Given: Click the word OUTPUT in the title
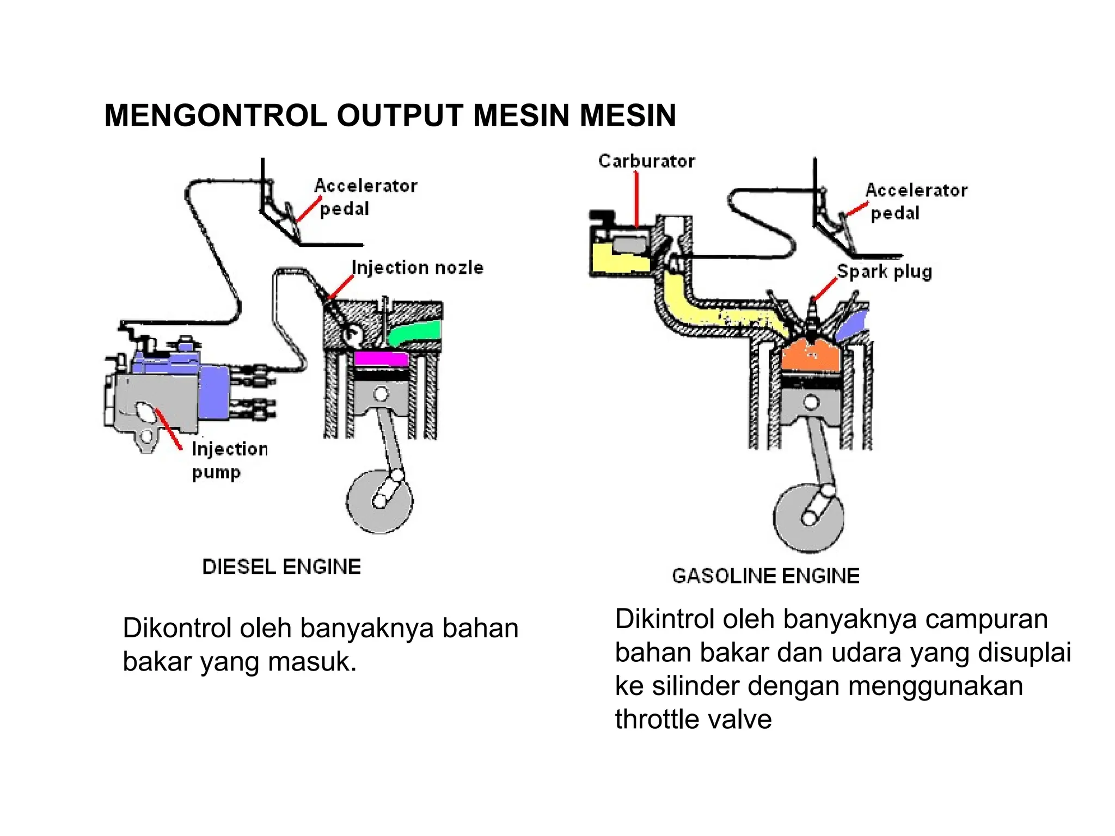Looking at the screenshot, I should (x=400, y=115).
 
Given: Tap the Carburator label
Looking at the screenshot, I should (x=646, y=161).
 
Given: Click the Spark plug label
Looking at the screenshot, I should (x=884, y=271).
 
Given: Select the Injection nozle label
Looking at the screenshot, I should (x=417, y=268).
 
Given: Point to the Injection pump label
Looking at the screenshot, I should (x=229, y=460).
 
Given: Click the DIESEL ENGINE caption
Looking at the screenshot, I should (x=281, y=567).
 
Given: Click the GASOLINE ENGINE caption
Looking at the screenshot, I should (x=765, y=576).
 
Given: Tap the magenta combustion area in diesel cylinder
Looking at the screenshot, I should (x=381, y=359).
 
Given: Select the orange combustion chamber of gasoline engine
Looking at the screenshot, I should (x=811, y=356).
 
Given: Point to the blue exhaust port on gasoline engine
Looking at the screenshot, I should (x=852, y=325).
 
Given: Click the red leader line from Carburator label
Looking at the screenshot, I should (x=636, y=199).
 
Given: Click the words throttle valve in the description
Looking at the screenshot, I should (x=693, y=719).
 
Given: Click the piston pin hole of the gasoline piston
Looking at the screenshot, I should (x=811, y=403).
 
